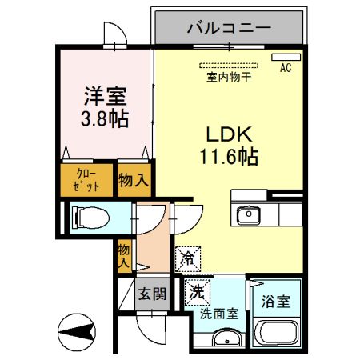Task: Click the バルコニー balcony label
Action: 229,28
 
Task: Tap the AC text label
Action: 285,69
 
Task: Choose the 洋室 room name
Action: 106,96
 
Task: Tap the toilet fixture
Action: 86,217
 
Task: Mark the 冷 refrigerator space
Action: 189,257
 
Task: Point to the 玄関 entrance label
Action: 150,294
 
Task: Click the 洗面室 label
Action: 218,314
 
